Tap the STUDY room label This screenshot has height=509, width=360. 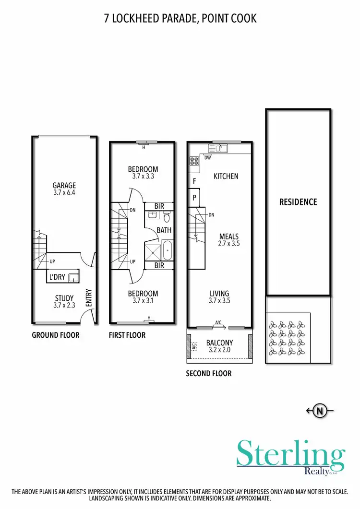pos(64,298)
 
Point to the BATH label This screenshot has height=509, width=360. pos(164,230)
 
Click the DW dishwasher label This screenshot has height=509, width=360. pos(207,157)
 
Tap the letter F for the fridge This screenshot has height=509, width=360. pos(194,181)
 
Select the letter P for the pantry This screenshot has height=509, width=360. pos(194,197)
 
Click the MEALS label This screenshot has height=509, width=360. pos(228,237)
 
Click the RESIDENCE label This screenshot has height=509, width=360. pos(298,202)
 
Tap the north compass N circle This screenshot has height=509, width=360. pos(320,411)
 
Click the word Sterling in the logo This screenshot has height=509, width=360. pos(290,453)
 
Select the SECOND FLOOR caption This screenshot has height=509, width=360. pos(209,373)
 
